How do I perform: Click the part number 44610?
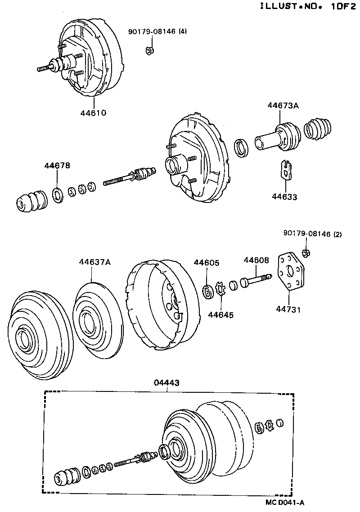(x=94, y=112)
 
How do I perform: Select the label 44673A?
(x=283, y=106)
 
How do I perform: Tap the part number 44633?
(x=284, y=197)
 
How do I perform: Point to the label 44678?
(x=57, y=166)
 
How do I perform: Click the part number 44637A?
(x=94, y=262)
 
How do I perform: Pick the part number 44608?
(x=256, y=260)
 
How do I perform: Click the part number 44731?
(x=289, y=310)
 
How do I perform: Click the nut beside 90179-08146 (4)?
(x=150, y=50)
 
